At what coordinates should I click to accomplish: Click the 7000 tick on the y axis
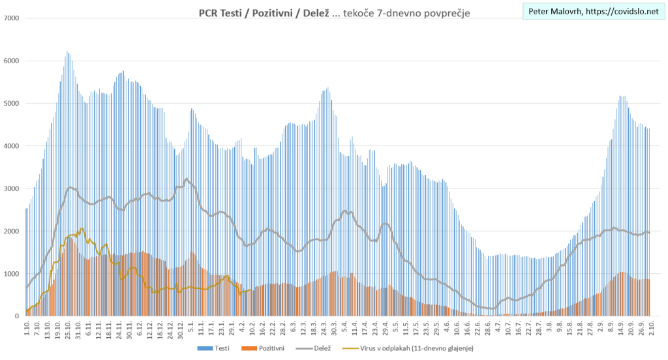(x=12, y=18)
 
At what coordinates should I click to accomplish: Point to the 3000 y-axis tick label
(x=12, y=188)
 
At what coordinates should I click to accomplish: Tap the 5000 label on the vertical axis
(x=12, y=103)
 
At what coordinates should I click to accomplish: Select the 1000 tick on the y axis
(x=12, y=274)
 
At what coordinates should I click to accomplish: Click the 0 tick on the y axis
(x=17, y=316)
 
